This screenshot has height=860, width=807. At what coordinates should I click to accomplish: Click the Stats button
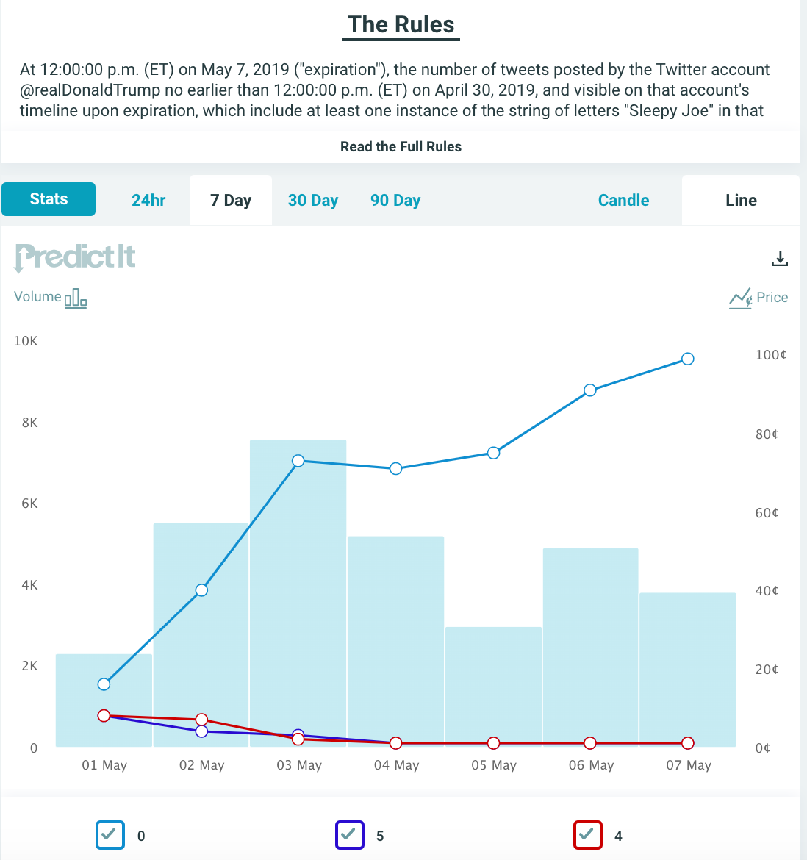pyautogui.click(x=49, y=199)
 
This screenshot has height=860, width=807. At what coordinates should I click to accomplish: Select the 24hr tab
pyautogui.click(x=148, y=200)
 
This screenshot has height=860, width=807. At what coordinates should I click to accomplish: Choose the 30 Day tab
pyautogui.click(x=313, y=200)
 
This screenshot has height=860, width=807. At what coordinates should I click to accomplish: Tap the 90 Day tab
pyautogui.click(x=395, y=200)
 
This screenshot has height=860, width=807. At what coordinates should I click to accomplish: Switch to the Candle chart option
pyautogui.click(x=623, y=200)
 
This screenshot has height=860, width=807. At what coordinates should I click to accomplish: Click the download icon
pyautogui.click(x=780, y=259)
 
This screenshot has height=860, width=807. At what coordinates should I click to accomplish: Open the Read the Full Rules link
pyautogui.click(x=401, y=146)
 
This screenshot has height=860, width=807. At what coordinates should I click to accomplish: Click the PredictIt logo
pyautogui.click(x=74, y=257)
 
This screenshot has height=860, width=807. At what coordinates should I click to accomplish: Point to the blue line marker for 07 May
pyautogui.click(x=687, y=359)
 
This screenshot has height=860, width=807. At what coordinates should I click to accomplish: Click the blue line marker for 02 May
pyautogui.click(x=201, y=590)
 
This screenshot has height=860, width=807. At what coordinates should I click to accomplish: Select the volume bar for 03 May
pyautogui.click(x=298, y=593)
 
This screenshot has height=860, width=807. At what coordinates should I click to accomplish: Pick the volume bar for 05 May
pyautogui.click(x=493, y=687)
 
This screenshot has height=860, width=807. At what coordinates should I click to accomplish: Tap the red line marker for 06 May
pyautogui.click(x=590, y=743)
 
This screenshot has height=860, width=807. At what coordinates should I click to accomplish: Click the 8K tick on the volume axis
pyautogui.click(x=29, y=423)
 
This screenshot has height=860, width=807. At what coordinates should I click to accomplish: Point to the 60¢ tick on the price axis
pyautogui.click(x=767, y=513)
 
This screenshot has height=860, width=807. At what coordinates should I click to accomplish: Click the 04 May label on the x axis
pyautogui.click(x=396, y=765)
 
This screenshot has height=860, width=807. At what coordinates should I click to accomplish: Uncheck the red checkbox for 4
pyautogui.click(x=588, y=835)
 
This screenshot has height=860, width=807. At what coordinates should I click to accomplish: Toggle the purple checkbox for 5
pyautogui.click(x=350, y=835)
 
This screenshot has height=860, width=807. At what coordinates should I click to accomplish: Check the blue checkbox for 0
pyautogui.click(x=110, y=835)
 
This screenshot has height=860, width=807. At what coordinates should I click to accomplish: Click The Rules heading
pyautogui.click(x=401, y=25)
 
